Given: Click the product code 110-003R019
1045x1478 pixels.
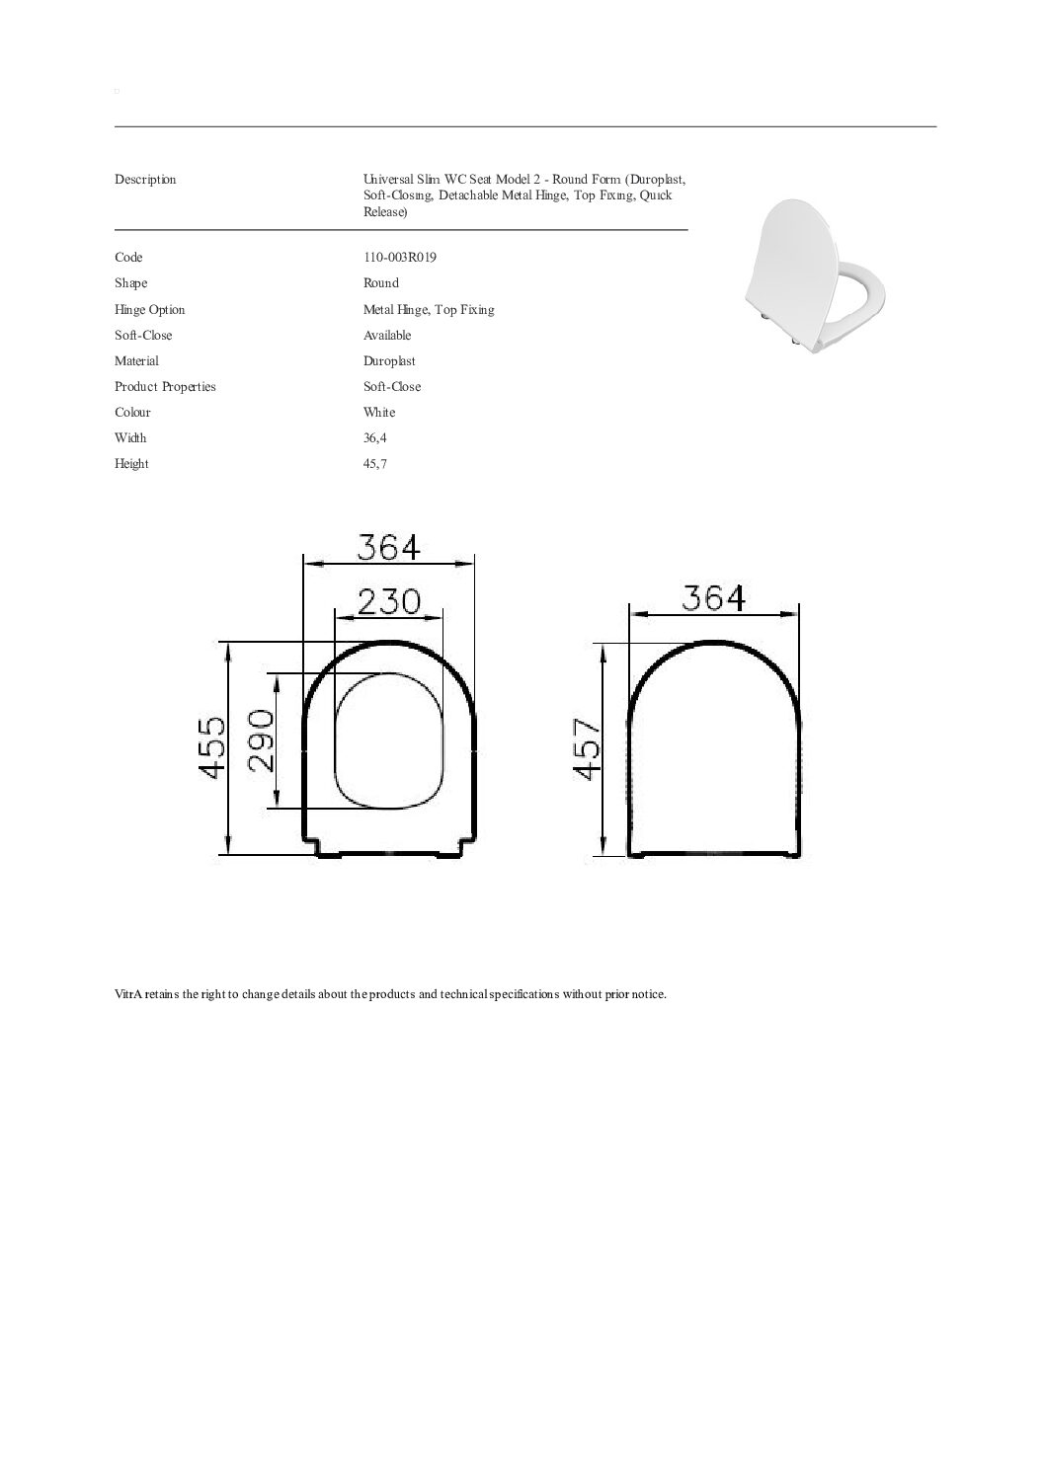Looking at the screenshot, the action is [x=399, y=258].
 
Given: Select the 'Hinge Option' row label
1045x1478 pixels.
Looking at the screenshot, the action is [x=149, y=309].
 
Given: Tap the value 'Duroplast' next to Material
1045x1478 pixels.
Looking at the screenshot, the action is [x=389, y=361].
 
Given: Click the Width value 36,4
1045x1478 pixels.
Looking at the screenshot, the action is [x=374, y=438].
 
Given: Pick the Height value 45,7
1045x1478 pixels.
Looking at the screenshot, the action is [x=374, y=464].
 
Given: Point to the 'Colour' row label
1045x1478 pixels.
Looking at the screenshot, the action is [x=132, y=413].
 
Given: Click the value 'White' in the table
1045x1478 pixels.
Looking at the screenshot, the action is [x=379, y=413].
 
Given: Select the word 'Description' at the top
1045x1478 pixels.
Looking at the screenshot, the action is [x=145, y=180].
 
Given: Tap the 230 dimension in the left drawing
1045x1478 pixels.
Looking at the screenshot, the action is [x=389, y=601].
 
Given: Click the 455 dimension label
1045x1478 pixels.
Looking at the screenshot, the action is [x=212, y=747].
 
